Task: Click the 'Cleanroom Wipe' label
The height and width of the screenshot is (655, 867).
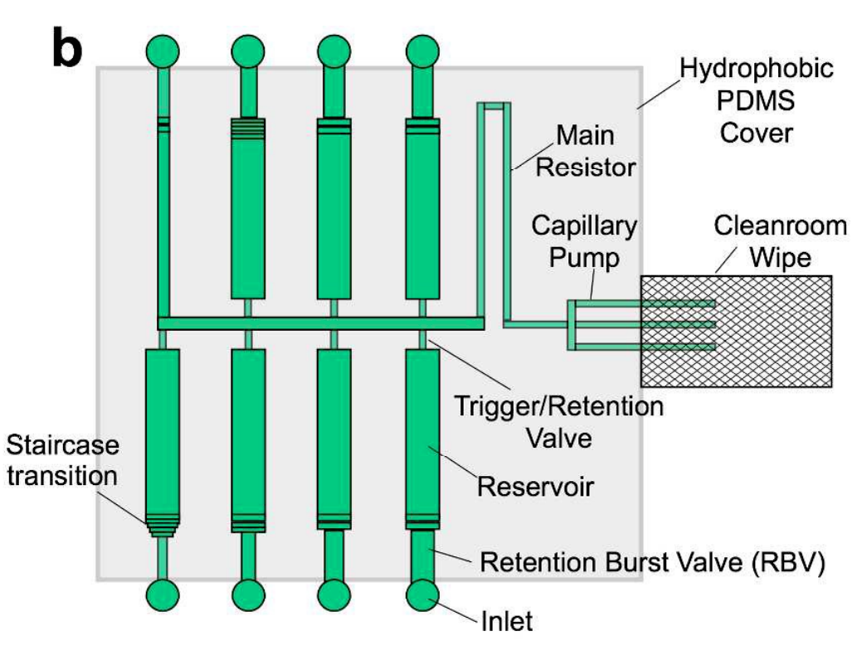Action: pos(763,241)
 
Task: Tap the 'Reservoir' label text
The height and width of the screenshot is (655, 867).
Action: pos(536,485)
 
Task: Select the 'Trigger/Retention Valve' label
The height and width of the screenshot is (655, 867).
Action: pos(561,420)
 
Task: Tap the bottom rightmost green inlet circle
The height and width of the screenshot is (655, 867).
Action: pos(422,594)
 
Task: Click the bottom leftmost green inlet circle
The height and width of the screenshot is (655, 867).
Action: pos(162,594)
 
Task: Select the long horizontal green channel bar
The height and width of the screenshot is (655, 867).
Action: pos(320,323)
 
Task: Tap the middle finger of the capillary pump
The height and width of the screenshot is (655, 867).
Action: pos(647,324)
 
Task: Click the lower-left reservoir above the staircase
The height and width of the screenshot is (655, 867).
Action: pos(162,431)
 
